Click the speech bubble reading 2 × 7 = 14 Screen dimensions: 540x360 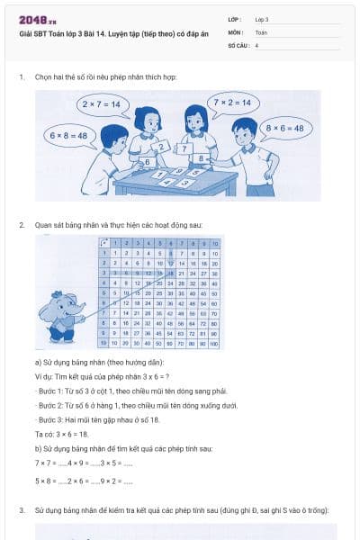[x=101, y=105]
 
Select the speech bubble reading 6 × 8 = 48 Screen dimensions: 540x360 [x=70, y=135]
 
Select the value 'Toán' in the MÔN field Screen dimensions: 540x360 [x=261, y=31]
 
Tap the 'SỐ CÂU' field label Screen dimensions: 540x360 [x=237, y=44]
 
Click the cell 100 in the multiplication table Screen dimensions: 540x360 [x=215, y=343]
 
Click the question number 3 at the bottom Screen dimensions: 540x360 [x=22, y=510]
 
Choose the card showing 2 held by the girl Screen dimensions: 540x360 [x=163, y=147]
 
